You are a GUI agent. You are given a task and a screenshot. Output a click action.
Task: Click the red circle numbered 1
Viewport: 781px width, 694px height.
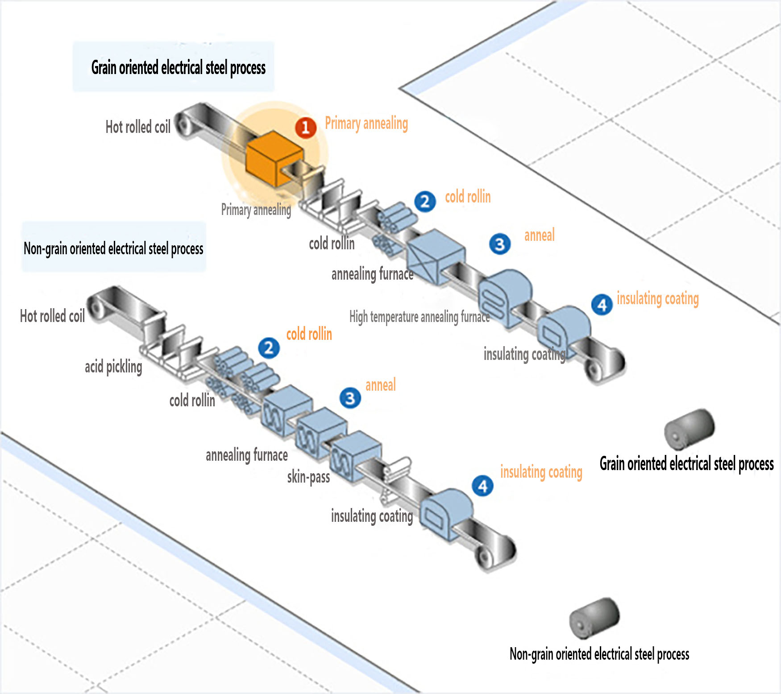(306, 128)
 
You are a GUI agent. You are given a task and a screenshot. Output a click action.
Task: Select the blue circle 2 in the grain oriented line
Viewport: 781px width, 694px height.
(425, 202)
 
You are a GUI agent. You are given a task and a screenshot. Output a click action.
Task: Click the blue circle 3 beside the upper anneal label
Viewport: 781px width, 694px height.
(500, 244)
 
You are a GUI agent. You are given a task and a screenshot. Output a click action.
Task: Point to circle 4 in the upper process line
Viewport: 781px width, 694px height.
(602, 305)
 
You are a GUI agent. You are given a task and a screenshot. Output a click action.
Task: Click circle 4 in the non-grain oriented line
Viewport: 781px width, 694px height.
(483, 486)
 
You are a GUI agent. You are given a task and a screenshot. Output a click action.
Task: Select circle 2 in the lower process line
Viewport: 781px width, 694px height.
(269, 348)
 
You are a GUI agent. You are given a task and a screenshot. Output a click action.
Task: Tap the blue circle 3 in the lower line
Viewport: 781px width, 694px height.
(350, 398)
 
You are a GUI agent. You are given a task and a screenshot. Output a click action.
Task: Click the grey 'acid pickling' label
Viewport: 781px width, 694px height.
(113, 367)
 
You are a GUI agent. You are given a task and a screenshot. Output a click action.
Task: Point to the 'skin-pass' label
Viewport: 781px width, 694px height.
(308, 477)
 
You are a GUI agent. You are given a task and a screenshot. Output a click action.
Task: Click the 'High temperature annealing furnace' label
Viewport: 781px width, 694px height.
(419, 317)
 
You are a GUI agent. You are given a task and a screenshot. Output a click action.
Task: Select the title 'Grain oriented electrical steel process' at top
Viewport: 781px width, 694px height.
(178, 67)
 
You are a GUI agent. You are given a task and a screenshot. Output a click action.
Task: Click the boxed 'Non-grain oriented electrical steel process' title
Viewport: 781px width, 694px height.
(113, 248)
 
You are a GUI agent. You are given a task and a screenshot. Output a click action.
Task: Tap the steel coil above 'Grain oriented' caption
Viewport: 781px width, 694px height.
(689, 428)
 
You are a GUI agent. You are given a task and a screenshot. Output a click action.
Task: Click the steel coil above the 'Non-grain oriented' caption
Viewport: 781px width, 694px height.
(594, 618)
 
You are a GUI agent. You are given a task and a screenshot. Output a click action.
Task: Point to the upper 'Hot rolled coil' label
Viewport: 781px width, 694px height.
(138, 127)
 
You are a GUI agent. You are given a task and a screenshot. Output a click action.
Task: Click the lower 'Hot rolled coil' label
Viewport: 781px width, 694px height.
(52, 316)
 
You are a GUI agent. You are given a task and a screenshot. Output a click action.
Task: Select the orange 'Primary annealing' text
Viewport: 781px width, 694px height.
(366, 123)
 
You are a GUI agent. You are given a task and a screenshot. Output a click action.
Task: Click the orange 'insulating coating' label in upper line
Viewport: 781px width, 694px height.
(657, 298)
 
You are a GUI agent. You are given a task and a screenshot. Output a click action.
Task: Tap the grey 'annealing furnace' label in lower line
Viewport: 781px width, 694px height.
(246, 455)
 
